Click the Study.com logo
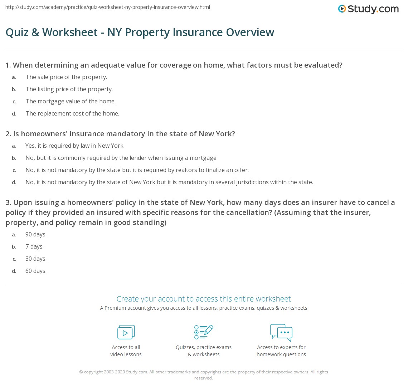[368, 9]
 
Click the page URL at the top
[108, 7]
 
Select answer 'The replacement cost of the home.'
[72, 113]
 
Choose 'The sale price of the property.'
[66, 77]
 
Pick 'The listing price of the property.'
[69, 89]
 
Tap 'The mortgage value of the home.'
[70, 101]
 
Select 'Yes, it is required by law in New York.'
[75, 146]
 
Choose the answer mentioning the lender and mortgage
[121, 158]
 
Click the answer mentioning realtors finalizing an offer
[137, 170]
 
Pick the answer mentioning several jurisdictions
[169, 182]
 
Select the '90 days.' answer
[36, 234]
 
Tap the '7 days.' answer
[34, 246]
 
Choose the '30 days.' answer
[36, 259]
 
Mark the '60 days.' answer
[36, 271]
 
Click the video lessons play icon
[126, 332]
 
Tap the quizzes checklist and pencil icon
[204, 332]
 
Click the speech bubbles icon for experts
[281, 332]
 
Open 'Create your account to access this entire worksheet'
[204, 299]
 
